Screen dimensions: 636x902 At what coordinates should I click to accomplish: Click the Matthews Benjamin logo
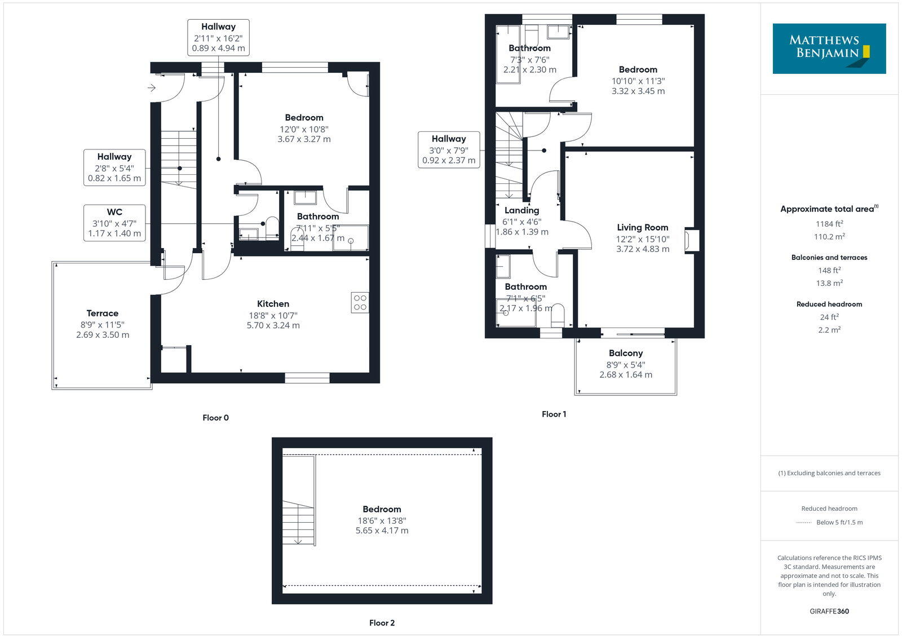tap(829, 48)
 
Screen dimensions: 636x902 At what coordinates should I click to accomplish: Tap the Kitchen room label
tap(273, 304)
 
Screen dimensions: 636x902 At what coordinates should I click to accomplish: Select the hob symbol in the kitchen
tap(360, 303)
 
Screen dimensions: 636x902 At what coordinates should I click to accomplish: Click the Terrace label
tap(103, 313)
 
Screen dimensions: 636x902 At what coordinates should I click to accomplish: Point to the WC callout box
tap(114, 223)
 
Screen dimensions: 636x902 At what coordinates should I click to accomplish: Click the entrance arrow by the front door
tap(151, 88)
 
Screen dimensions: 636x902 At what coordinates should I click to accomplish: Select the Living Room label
tap(642, 227)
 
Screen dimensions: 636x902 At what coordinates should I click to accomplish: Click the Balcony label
tap(625, 353)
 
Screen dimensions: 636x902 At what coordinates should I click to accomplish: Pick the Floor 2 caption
tap(382, 623)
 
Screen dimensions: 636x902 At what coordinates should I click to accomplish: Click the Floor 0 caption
tap(215, 418)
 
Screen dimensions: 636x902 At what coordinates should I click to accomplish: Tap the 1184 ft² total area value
tap(829, 224)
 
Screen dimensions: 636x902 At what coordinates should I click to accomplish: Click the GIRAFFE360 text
tap(829, 611)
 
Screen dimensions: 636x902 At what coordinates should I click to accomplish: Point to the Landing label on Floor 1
tap(521, 210)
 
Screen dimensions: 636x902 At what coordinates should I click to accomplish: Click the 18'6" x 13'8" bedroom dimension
tap(382, 521)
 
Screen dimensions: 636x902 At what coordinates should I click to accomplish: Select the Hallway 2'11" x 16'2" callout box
tap(218, 37)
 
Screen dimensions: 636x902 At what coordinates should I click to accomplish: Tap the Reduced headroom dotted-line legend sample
tap(803, 523)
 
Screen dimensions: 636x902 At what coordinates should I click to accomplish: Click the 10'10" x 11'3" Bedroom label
tap(638, 70)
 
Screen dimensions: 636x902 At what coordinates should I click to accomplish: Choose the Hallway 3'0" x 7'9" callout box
tap(449, 149)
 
